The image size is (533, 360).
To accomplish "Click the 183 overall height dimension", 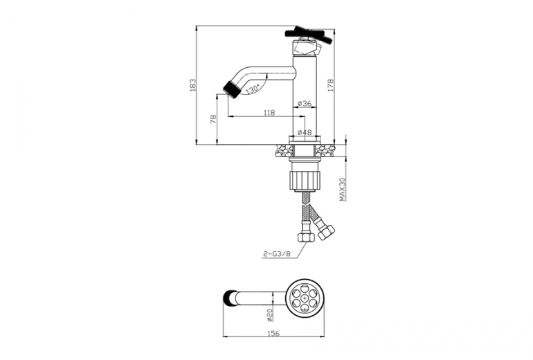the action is click(x=192, y=85).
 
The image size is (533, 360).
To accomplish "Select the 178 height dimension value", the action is click(x=330, y=85).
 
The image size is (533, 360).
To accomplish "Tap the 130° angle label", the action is click(x=253, y=90).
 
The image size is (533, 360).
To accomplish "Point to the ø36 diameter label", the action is click(x=305, y=103).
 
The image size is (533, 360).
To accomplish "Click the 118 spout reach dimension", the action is click(x=269, y=113).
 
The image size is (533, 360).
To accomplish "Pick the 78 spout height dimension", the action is click(x=213, y=119).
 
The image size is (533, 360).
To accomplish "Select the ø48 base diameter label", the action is click(x=305, y=132).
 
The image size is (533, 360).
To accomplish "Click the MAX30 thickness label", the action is click(x=343, y=189).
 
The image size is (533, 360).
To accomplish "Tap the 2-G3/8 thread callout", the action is click(x=277, y=253).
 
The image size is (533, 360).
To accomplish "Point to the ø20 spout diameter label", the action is click(x=269, y=314).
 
